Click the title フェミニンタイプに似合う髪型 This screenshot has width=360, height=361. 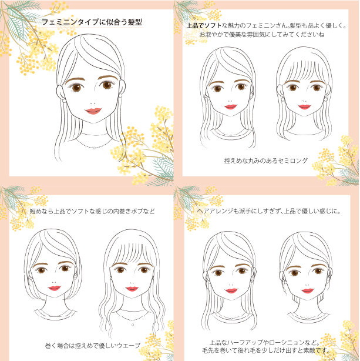[92, 22]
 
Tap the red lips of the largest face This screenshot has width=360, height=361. [93, 111]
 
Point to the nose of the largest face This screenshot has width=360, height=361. [93, 103]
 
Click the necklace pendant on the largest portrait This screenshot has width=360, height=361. [95, 148]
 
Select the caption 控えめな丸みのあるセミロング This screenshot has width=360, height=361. [266, 161]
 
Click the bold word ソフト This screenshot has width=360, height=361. [213, 25]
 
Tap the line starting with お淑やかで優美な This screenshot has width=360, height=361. [261, 35]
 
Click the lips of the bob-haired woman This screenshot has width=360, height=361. [55, 288]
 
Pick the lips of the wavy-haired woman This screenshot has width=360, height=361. [132, 289]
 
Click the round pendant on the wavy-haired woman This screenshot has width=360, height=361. [133, 325]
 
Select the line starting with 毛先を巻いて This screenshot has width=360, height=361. [267, 350]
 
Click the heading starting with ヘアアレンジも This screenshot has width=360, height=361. [268, 211]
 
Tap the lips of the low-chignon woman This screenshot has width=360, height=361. [308, 291]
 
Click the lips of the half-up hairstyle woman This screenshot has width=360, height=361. [231, 290]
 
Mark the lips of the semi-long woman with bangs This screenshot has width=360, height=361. [304, 106]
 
